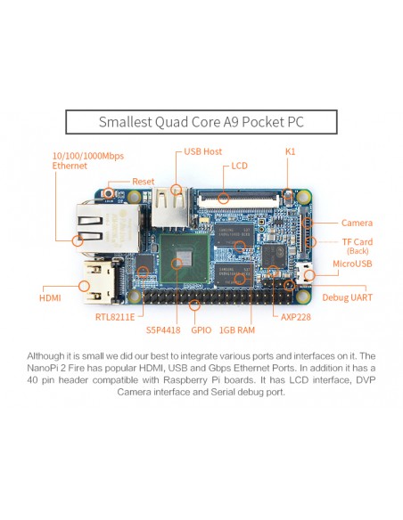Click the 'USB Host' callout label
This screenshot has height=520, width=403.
(x=202, y=151)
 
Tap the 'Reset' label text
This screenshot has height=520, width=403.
(x=143, y=182)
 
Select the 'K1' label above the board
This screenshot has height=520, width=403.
(x=290, y=151)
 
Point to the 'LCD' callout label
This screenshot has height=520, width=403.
(x=239, y=166)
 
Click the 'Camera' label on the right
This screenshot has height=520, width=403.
(x=357, y=223)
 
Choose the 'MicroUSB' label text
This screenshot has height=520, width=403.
(x=352, y=264)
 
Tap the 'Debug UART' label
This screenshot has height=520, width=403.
(x=347, y=297)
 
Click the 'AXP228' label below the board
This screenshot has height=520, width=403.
(x=296, y=317)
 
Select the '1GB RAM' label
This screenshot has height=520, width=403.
(x=237, y=330)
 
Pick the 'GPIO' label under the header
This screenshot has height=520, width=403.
(x=201, y=330)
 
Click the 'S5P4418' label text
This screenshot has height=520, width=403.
(x=163, y=330)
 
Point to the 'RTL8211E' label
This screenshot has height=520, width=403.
(x=115, y=317)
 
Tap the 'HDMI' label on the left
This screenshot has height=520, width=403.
(x=50, y=297)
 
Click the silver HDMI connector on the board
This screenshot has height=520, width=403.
(x=100, y=281)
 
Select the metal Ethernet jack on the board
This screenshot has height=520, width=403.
(x=108, y=228)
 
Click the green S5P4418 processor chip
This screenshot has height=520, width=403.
(x=185, y=258)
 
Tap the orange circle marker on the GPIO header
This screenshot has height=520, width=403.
(x=194, y=305)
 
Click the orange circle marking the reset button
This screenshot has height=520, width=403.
(x=108, y=192)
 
